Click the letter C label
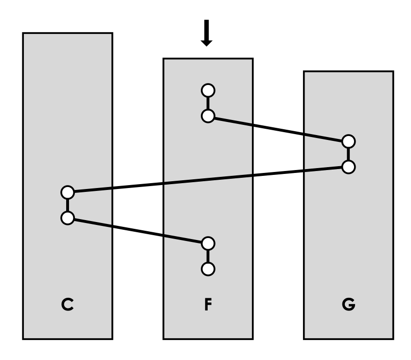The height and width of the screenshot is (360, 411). click(x=67, y=306)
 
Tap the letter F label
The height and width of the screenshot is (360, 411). click(x=208, y=306)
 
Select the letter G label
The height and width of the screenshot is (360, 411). click(x=348, y=306)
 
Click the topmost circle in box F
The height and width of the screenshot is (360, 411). click(x=208, y=90)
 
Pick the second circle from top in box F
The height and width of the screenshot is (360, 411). click(x=208, y=116)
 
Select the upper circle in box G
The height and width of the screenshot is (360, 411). click(x=348, y=141)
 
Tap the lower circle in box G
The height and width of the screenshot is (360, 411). click(x=348, y=167)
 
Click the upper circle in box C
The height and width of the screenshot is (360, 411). click(x=67, y=192)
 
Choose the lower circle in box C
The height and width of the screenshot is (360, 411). click(x=67, y=218)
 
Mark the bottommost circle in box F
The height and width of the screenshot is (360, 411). click(x=208, y=268)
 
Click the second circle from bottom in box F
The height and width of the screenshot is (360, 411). click(x=208, y=243)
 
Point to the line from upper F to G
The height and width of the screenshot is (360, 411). click(x=278, y=129)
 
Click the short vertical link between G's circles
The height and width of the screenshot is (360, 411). click(x=348, y=154)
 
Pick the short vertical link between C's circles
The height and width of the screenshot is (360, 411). click(x=67, y=205)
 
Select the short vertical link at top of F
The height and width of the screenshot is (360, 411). click(x=208, y=103)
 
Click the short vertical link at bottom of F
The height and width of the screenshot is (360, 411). click(x=208, y=256)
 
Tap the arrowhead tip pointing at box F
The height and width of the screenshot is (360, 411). click(x=207, y=45)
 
